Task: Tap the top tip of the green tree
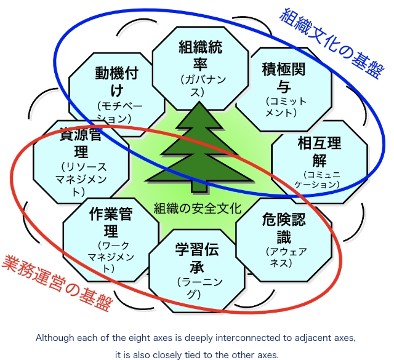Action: coord(199,103)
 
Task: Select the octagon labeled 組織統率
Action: coord(200,68)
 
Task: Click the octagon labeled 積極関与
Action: coord(284,89)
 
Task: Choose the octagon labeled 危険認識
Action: coord(284,239)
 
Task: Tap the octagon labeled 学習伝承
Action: coord(197,271)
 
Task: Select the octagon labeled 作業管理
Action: coord(111,239)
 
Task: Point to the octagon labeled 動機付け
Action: coord(117,94)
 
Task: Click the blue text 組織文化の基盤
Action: coord(332,43)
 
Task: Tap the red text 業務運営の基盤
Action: coord(57,283)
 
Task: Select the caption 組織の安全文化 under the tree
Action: coord(198,208)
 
